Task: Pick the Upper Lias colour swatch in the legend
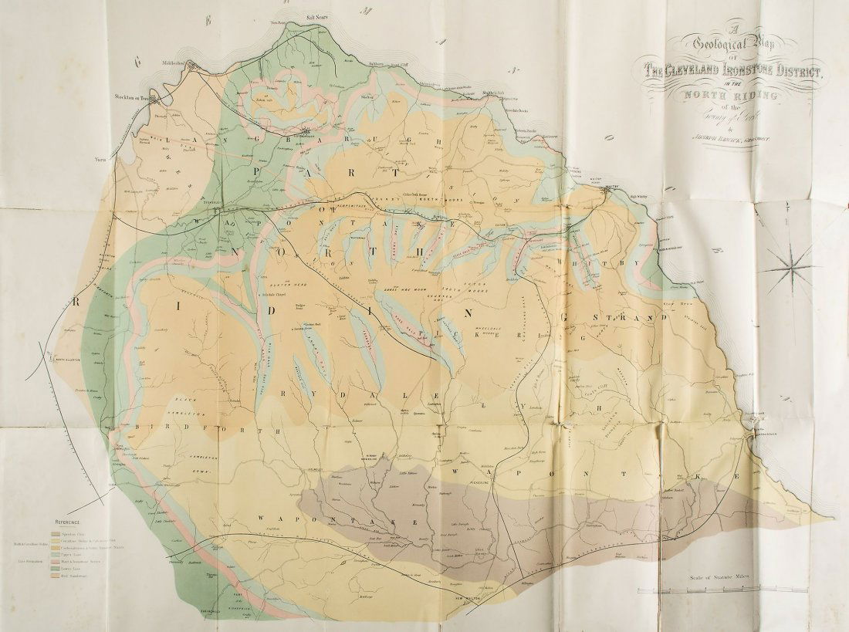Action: point(56,553)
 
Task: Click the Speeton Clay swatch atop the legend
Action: point(56,532)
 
